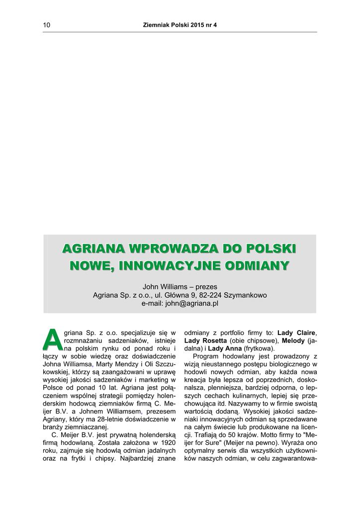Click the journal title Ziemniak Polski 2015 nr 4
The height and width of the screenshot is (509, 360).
click(180, 24)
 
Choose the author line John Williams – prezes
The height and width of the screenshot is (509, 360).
click(180, 287)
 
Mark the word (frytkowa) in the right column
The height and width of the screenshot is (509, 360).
click(258, 348)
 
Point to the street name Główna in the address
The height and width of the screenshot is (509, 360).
click(184, 295)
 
